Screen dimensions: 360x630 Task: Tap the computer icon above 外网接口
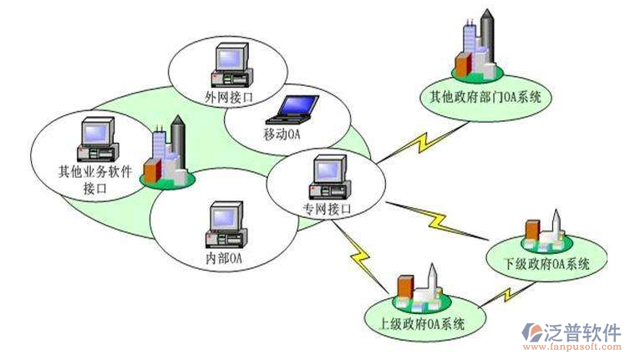pyautogui.click(x=230, y=63)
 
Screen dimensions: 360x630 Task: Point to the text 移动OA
pyautogui.click(x=281, y=134)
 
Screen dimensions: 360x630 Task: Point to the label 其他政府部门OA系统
pyautogui.click(x=480, y=98)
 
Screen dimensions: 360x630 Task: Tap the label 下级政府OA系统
pyautogui.click(x=547, y=263)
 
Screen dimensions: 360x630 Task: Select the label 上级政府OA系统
pyautogui.click(x=416, y=322)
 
